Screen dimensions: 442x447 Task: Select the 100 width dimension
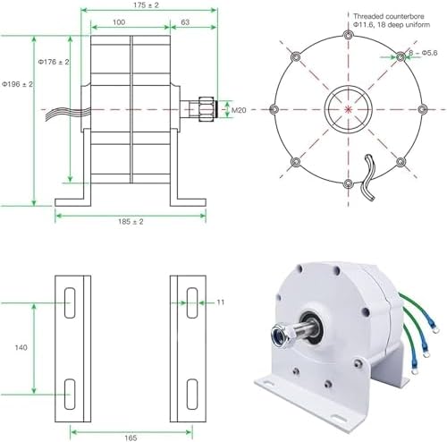(x=118, y=20)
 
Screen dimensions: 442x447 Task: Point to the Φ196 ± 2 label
(x=17, y=83)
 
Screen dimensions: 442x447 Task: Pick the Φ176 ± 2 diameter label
(x=54, y=62)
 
